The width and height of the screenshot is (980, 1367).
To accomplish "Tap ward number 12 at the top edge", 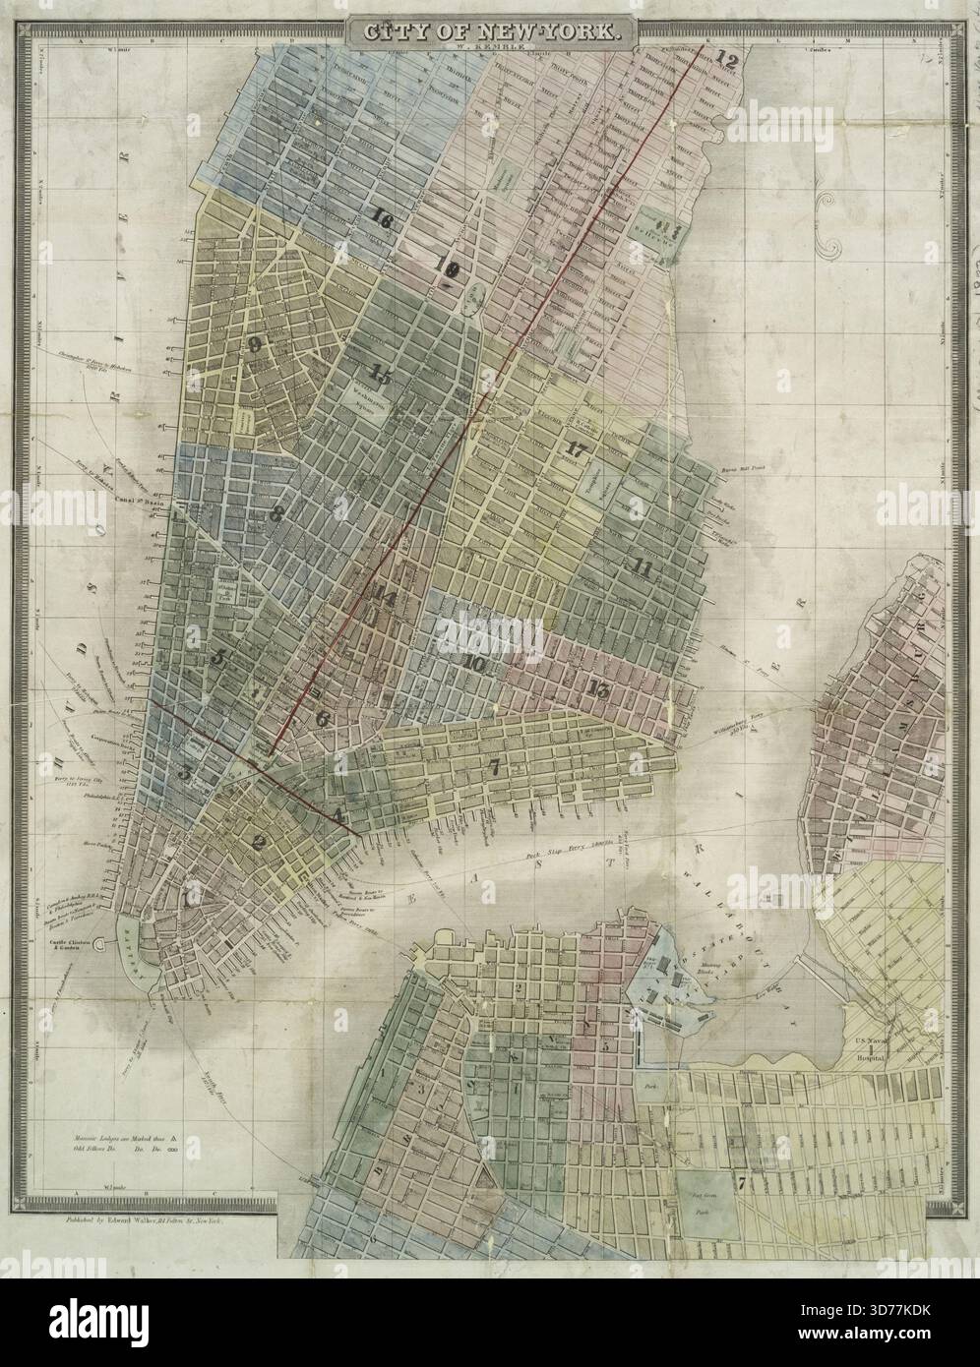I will tap(727, 58).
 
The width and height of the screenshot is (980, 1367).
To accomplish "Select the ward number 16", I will tap(381, 221).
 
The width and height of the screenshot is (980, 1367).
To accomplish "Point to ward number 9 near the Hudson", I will tap(256, 344).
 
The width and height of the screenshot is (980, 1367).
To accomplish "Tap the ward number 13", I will tap(597, 688).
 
